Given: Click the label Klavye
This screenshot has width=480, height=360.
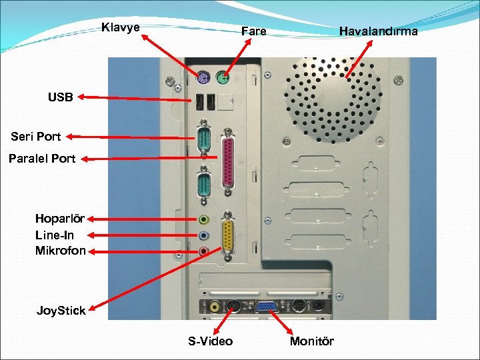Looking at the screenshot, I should coord(121,27).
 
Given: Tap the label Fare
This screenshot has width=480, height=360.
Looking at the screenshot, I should coord(253,31).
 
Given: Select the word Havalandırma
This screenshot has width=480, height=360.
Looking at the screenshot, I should coord(378,31).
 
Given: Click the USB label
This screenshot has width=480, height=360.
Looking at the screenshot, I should coord(60,97).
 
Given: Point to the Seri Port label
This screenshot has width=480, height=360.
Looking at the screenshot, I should coord(36,137).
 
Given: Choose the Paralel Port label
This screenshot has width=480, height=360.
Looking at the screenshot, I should coord(42,159).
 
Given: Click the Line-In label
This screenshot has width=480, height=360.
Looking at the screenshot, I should coord(55,235).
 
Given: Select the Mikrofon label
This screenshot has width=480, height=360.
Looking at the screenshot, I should coord(61,251).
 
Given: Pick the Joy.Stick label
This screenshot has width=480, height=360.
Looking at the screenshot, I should coord(61,310).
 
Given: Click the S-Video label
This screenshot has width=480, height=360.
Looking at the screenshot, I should coord(210,341).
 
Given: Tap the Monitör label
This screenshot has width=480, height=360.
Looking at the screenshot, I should coord(312,341).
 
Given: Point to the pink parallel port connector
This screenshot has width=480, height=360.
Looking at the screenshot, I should coord(229,163).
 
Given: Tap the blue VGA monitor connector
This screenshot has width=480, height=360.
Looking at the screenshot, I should coord(265,307).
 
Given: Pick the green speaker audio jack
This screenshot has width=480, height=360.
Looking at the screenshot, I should coord(204,219).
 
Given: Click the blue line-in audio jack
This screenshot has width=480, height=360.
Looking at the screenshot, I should coord(204,235).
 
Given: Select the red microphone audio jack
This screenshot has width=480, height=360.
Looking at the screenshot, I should coord(204,251).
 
